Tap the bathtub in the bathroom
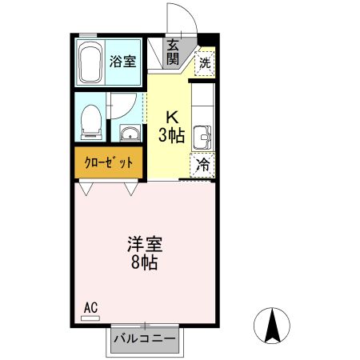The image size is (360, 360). [x=88, y=61]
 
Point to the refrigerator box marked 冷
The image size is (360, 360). [x=203, y=166]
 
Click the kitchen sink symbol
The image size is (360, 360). [x=203, y=138]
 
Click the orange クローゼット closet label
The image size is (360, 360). [x=109, y=162]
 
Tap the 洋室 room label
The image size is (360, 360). [x=144, y=244]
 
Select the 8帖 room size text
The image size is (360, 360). [x=144, y=262]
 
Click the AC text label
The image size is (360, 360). [x=90, y=306]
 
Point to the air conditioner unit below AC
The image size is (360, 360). [x=90, y=318]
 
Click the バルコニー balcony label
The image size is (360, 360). [x=144, y=339]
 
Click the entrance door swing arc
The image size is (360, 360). [x=178, y=18]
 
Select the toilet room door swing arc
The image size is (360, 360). [x=122, y=106]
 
